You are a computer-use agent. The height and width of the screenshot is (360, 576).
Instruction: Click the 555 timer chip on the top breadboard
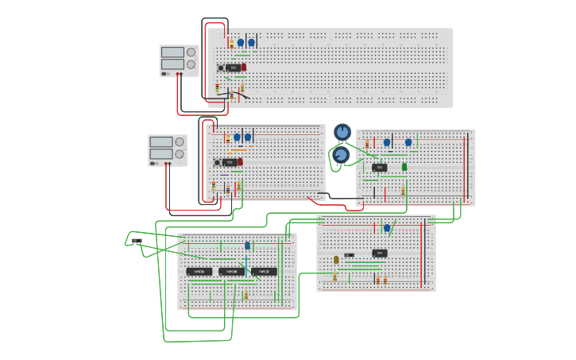point(234,68)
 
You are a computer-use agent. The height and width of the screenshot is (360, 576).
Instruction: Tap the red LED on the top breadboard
point(244,68)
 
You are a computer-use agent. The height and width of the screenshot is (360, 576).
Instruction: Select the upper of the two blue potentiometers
point(342,131)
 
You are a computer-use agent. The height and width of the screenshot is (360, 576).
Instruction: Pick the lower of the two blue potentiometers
point(341,155)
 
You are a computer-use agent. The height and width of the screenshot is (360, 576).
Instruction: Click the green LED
point(404,167)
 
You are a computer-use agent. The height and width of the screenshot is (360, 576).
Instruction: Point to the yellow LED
point(336,260)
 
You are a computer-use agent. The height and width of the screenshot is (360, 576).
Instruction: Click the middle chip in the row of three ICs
point(230,272)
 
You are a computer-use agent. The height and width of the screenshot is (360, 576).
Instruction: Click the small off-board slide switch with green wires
point(137,241)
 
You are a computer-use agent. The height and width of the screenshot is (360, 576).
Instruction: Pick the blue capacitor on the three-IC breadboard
point(247,246)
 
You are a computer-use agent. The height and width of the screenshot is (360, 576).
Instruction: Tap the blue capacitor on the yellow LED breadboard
point(387,228)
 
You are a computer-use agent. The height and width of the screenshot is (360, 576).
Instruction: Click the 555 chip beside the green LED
point(380,168)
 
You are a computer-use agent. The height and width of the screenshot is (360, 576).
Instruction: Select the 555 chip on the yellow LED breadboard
point(380,254)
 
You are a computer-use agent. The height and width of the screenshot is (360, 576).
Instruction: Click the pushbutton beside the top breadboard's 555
point(221,68)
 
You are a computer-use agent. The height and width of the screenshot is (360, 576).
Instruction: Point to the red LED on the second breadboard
point(240,162)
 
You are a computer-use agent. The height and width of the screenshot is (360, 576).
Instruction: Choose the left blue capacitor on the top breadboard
point(241,43)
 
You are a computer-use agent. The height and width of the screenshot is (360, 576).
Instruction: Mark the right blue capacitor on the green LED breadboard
point(408,142)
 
